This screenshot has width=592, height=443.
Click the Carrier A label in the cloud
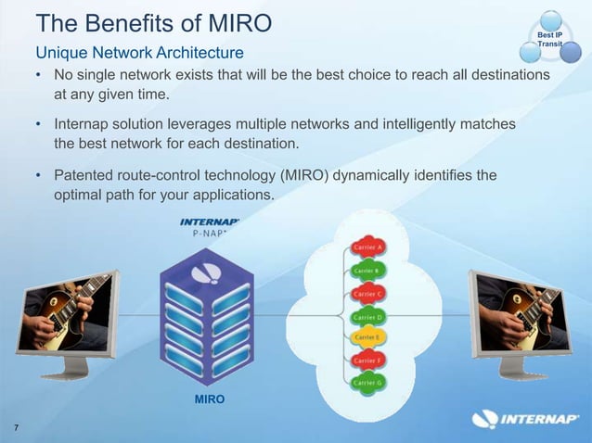click(x=368, y=248)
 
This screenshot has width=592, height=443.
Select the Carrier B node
click(x=368, y=271)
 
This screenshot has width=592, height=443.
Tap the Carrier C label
click(x=368, y=293)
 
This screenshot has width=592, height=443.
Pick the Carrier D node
click(x=368, y=316)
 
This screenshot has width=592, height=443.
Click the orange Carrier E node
click(x=368, y=337)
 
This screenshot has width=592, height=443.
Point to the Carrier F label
click(x=368, y=360)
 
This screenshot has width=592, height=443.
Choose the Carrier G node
click(x=368, y=382)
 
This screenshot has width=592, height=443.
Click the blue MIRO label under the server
click(x=208, y=399)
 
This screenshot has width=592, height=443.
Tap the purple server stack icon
click(x=207, y=315)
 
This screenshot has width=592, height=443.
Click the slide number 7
click(x=17, y=426)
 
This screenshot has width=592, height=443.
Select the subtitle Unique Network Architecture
click(x=139, y=51)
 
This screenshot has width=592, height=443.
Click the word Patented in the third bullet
click(x=87, y=175)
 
